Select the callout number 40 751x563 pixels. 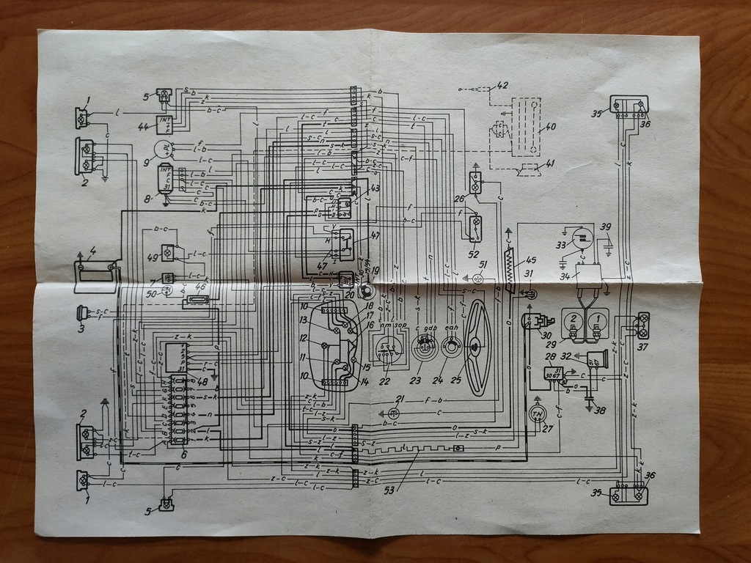pos(549,127)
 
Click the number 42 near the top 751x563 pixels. pos(502,85)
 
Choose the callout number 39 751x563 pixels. pos(606,227)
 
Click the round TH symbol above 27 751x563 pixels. pos(539,414)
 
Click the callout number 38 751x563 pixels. pos(599,411)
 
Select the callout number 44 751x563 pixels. pos(143,126)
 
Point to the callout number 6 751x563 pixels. pos(183,455)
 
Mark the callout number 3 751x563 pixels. pos(82,328)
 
